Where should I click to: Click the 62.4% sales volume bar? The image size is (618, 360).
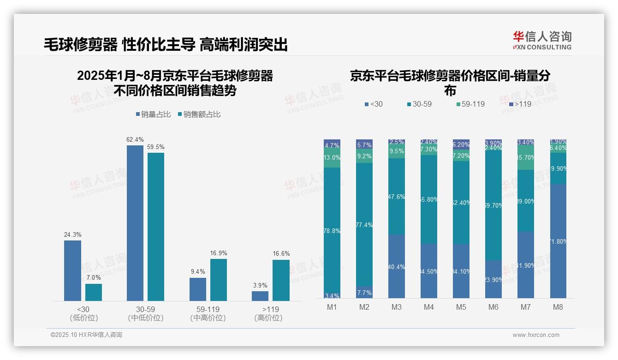[135, 223]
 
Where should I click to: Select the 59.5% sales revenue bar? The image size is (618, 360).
[156, 227]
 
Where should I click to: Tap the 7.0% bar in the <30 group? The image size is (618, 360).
[94, 292]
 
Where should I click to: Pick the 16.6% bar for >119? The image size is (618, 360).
[281, 280]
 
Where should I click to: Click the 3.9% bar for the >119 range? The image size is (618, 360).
[260, 296]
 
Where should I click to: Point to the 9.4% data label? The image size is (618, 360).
[198, 271]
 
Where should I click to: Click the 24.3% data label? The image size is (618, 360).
[72, 234]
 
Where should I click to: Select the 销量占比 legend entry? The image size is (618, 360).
[155, 114]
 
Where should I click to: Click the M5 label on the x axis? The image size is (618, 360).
[461, 307]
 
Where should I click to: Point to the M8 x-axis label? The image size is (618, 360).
[558, 307]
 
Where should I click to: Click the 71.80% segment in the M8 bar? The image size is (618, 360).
[558, 241]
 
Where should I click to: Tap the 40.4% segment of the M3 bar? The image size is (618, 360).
[397, 266]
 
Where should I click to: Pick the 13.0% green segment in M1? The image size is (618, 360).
[332, 157]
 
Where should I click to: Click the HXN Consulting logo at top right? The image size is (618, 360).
[542, 41]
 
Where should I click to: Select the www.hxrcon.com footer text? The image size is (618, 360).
[535, 335]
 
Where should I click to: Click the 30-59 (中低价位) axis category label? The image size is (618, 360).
[146, 313]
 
